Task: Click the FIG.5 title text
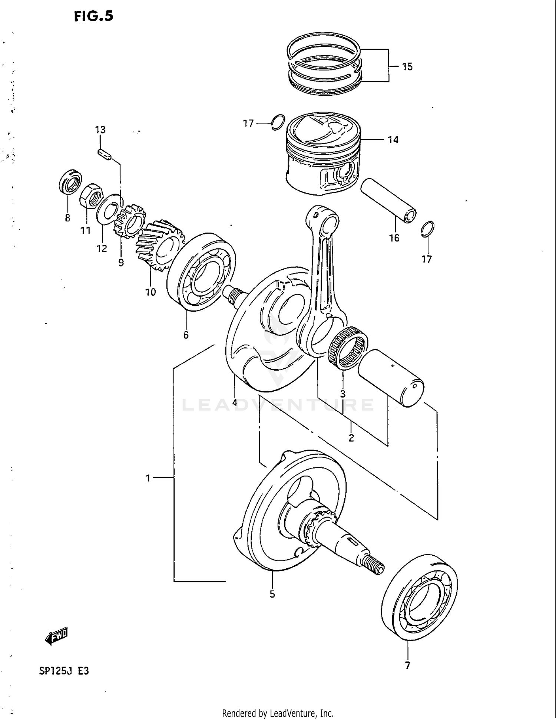click(93, 16)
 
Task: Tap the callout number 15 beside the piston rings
click(407, 67)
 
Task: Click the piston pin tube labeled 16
click(388, 200)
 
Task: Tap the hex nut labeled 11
click(89, 197)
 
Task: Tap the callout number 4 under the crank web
click(235, 402)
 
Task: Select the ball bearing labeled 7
click(419, 597)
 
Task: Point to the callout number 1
click(148, 478)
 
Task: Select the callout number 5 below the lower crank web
click(272, 594)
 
